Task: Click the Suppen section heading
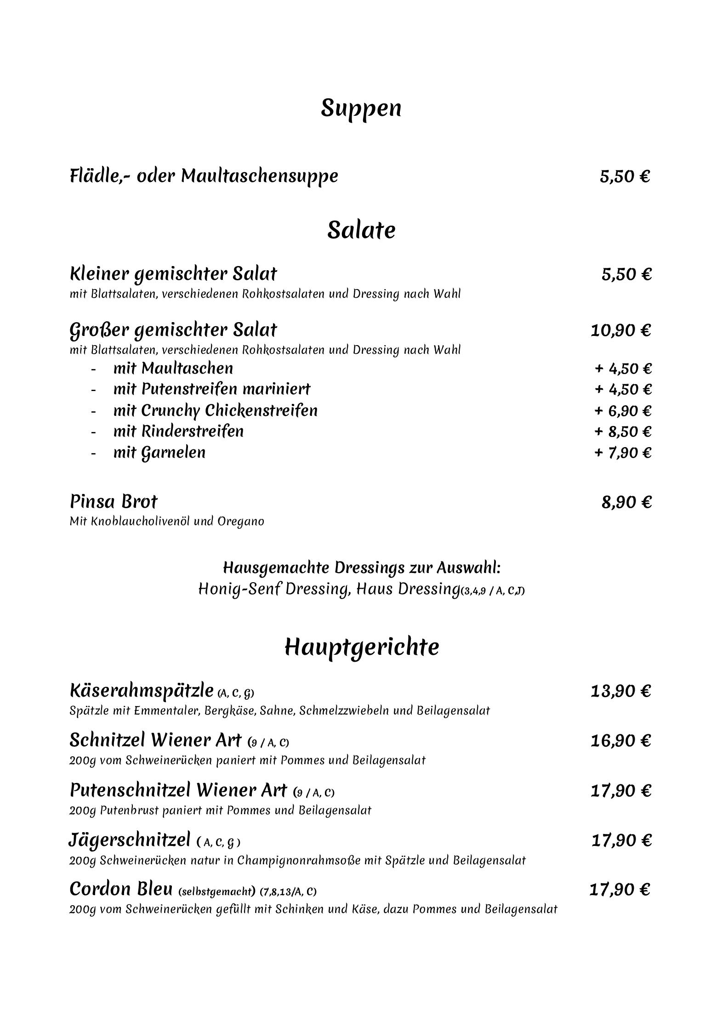coord(361,108)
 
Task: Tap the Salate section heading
coord(361,230)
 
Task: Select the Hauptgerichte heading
coord(362,647)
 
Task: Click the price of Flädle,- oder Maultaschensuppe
coord(625,176)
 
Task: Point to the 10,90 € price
coord(620,330)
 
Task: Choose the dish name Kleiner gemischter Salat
coord(173,274)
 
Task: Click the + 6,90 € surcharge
coord(623,411)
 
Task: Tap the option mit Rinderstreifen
coord(178,431)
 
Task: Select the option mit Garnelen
coord(159,453)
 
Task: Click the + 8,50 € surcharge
coord(623,432)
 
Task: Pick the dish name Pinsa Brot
coord(114,501)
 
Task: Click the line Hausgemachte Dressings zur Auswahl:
coord(362,568)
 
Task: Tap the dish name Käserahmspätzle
coord(142,691)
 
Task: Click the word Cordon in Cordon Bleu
coord(98,889)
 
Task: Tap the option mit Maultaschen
coord(173,369)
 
